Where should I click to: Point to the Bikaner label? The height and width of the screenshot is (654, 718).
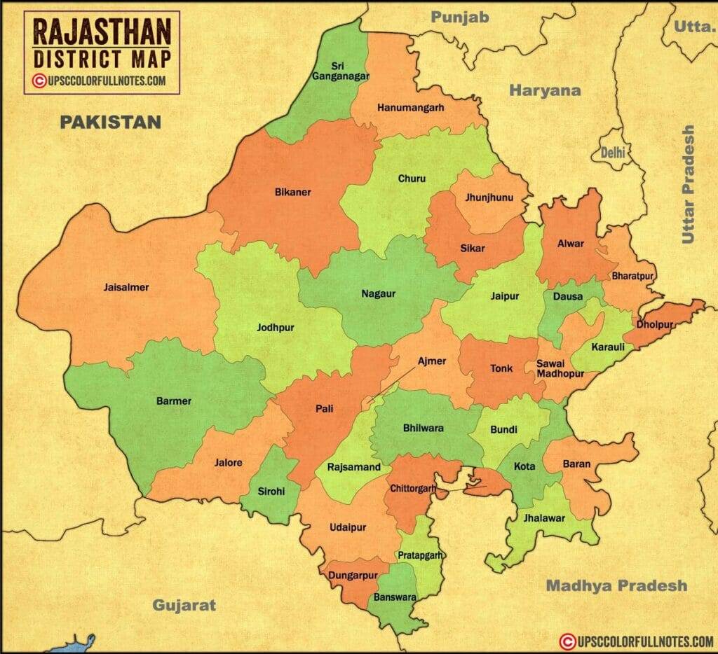[x=292, y=192]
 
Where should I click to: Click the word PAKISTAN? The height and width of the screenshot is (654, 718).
[x=110, y=123]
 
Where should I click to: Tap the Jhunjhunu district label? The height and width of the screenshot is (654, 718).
[x=489, y=198]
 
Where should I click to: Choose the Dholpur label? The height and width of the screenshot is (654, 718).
[x=655, y=325]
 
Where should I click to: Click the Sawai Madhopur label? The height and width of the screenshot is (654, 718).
[x=555, y=368]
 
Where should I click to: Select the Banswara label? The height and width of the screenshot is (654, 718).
[x=395, y=598]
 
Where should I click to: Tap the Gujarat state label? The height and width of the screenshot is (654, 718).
[x=184, y=605]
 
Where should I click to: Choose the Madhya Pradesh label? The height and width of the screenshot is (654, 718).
[x=616, y=585]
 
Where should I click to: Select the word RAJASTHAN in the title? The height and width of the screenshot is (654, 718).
[x=102, y=32]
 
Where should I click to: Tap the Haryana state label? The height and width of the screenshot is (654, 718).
[x=545, y=90]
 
